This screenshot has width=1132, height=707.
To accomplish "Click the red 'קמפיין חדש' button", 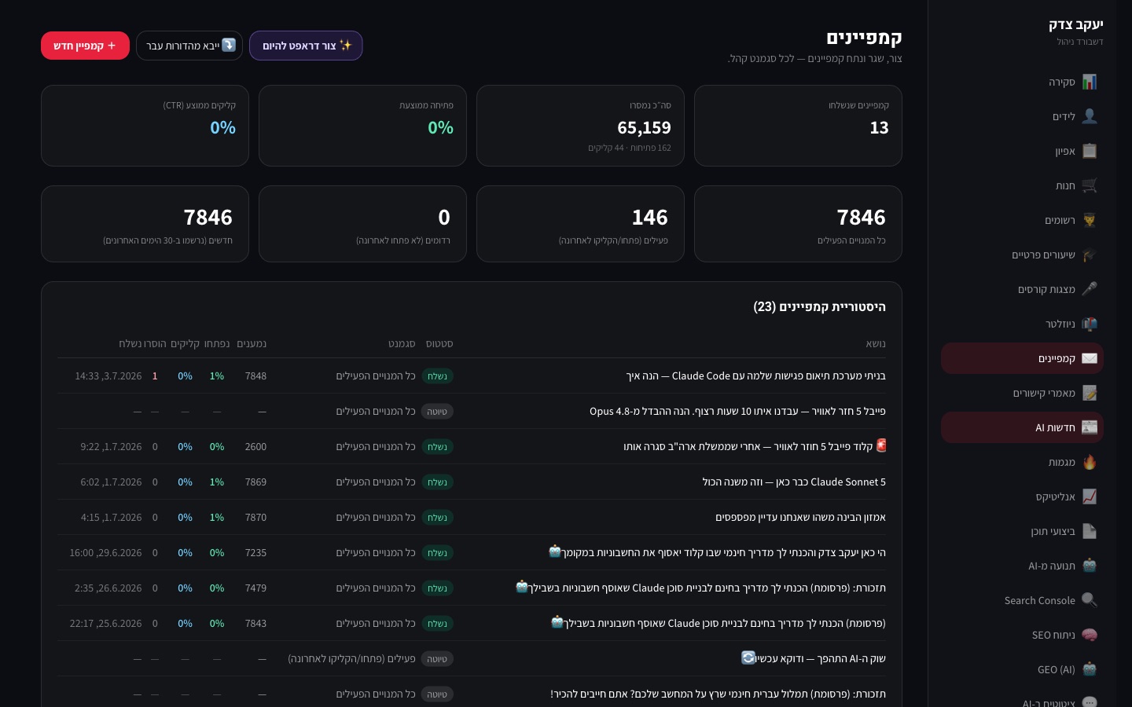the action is click(85, 46).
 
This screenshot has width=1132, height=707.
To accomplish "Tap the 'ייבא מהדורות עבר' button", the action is click(189, 46).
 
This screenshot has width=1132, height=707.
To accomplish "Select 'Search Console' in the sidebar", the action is click(1050, 600).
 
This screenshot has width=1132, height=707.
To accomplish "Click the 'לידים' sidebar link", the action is click(1074, 116).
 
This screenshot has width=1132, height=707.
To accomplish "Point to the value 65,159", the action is click(644, 128).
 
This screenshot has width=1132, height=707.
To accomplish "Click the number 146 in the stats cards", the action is click(650, 217).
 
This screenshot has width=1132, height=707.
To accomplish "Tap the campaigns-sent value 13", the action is click(880, 128).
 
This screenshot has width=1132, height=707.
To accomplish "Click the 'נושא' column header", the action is click(876, 343).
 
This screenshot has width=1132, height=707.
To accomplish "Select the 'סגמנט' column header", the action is click(402, 343).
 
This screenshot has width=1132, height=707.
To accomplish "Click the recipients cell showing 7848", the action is click(255, 375).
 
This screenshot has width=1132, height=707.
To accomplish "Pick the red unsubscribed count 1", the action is click(155, 375).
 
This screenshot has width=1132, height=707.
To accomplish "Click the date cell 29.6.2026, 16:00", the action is click(105, 552).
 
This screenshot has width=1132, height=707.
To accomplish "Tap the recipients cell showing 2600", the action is click(255, 446).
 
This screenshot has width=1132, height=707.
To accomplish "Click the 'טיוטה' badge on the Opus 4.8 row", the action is click(437, 411).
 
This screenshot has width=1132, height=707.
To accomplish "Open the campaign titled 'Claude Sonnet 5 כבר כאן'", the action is click(794, 482).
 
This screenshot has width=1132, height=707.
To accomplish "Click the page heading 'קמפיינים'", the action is click(864, 38).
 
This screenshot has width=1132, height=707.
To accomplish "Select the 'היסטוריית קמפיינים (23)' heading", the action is click(819, 306).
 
